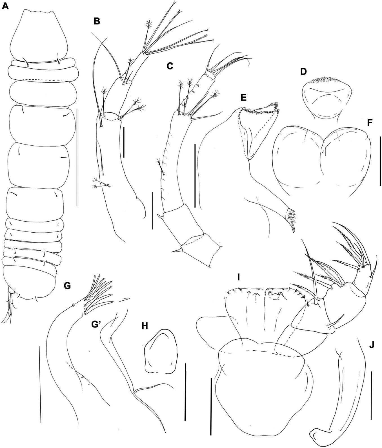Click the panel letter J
tap(372, 345)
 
